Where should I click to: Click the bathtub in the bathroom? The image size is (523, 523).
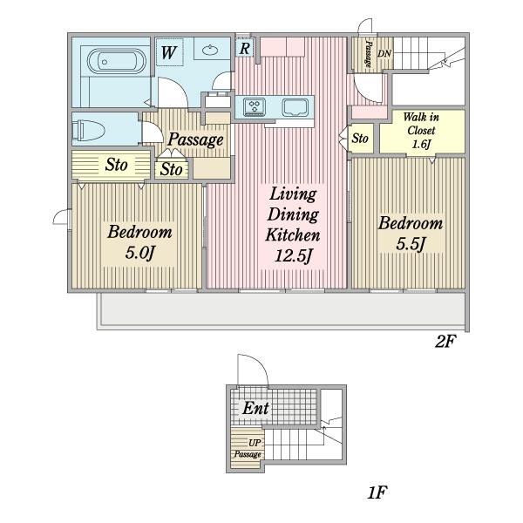pos(117,61)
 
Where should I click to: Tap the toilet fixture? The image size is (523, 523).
pos(88,129)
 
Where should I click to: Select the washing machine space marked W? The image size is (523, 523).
pos(170,52)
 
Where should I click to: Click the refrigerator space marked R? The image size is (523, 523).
pos(244,48)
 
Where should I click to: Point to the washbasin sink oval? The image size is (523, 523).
pos(210,51)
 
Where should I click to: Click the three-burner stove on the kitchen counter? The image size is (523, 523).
pos(255,107)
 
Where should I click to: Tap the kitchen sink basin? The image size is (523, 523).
pos(295,107)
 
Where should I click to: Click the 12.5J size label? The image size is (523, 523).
pos(293,256)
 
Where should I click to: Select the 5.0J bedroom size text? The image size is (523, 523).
pos(139,252)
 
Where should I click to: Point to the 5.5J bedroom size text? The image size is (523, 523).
pos(411,244)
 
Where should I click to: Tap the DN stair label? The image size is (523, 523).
pos(384,53)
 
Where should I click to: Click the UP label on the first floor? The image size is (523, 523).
pos(255,443)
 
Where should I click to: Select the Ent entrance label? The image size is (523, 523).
pos(255,408)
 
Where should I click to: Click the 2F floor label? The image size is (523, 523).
pos(445,341)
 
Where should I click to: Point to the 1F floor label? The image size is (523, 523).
pos(377,492)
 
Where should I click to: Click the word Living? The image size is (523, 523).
pos(293,194)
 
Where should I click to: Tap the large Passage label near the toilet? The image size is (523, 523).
pos(195,139)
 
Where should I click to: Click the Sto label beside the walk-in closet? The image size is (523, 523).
pos(360,138)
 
